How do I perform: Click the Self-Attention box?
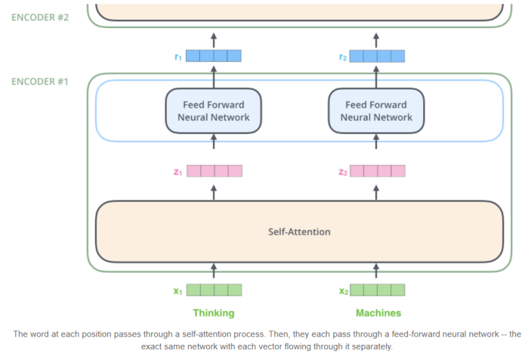pyautogui.click(x=300, y=232)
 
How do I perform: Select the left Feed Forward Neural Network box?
pyautogui.click(x=214, y=111)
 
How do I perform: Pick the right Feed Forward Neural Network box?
pyautogui.click(x=376, y=111)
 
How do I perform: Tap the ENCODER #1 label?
pyautogui.click(x=40, y=82)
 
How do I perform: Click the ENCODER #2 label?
pyautogui.click(x=40, y=17)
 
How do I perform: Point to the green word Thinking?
pyautogui.click(x=214, y=313)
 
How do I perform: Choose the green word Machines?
pyautogui.click(x=379, y=313)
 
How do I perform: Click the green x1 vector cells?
pyautogui.click(x=214, y=290)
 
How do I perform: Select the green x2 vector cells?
pyautogui.click(x=378, y=290)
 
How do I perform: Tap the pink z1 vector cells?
pyautogui.click(x=214, y=171)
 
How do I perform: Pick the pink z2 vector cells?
pyautogui.click(x=378, y=171)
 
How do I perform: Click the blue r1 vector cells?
pyautogui.click(x=214, y=56)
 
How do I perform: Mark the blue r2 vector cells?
pyautogui.click(x=377, y=56)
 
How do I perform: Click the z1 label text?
pyautogui.click(x=178, y=172)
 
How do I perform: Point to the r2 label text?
pyautogui.click(x=343, y=57)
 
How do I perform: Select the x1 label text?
pyautogui.click(x=178, y=291)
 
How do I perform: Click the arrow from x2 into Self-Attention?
pyautogui.click(x=376, y=271)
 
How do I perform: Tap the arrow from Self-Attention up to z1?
pyautogui.click(x=214, y=192)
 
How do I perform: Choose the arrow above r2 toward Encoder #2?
pyautogui.click(x=376, y=40)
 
